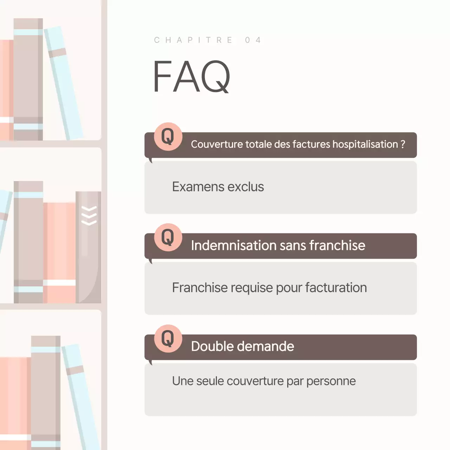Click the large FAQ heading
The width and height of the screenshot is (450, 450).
coord(191,76)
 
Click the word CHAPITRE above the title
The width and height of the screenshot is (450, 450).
coord(193,40)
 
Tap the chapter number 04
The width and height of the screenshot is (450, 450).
coord(253,40)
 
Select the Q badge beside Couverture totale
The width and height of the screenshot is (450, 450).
coord(168,136)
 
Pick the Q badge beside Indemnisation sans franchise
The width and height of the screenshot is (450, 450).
coord(168,237)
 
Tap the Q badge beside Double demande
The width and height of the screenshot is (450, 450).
coord(168,339)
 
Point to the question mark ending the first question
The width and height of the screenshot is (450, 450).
coord(403,144)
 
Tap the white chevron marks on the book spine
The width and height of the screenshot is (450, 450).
coord(89,216)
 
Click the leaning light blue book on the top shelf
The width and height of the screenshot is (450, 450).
coord(63,83)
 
